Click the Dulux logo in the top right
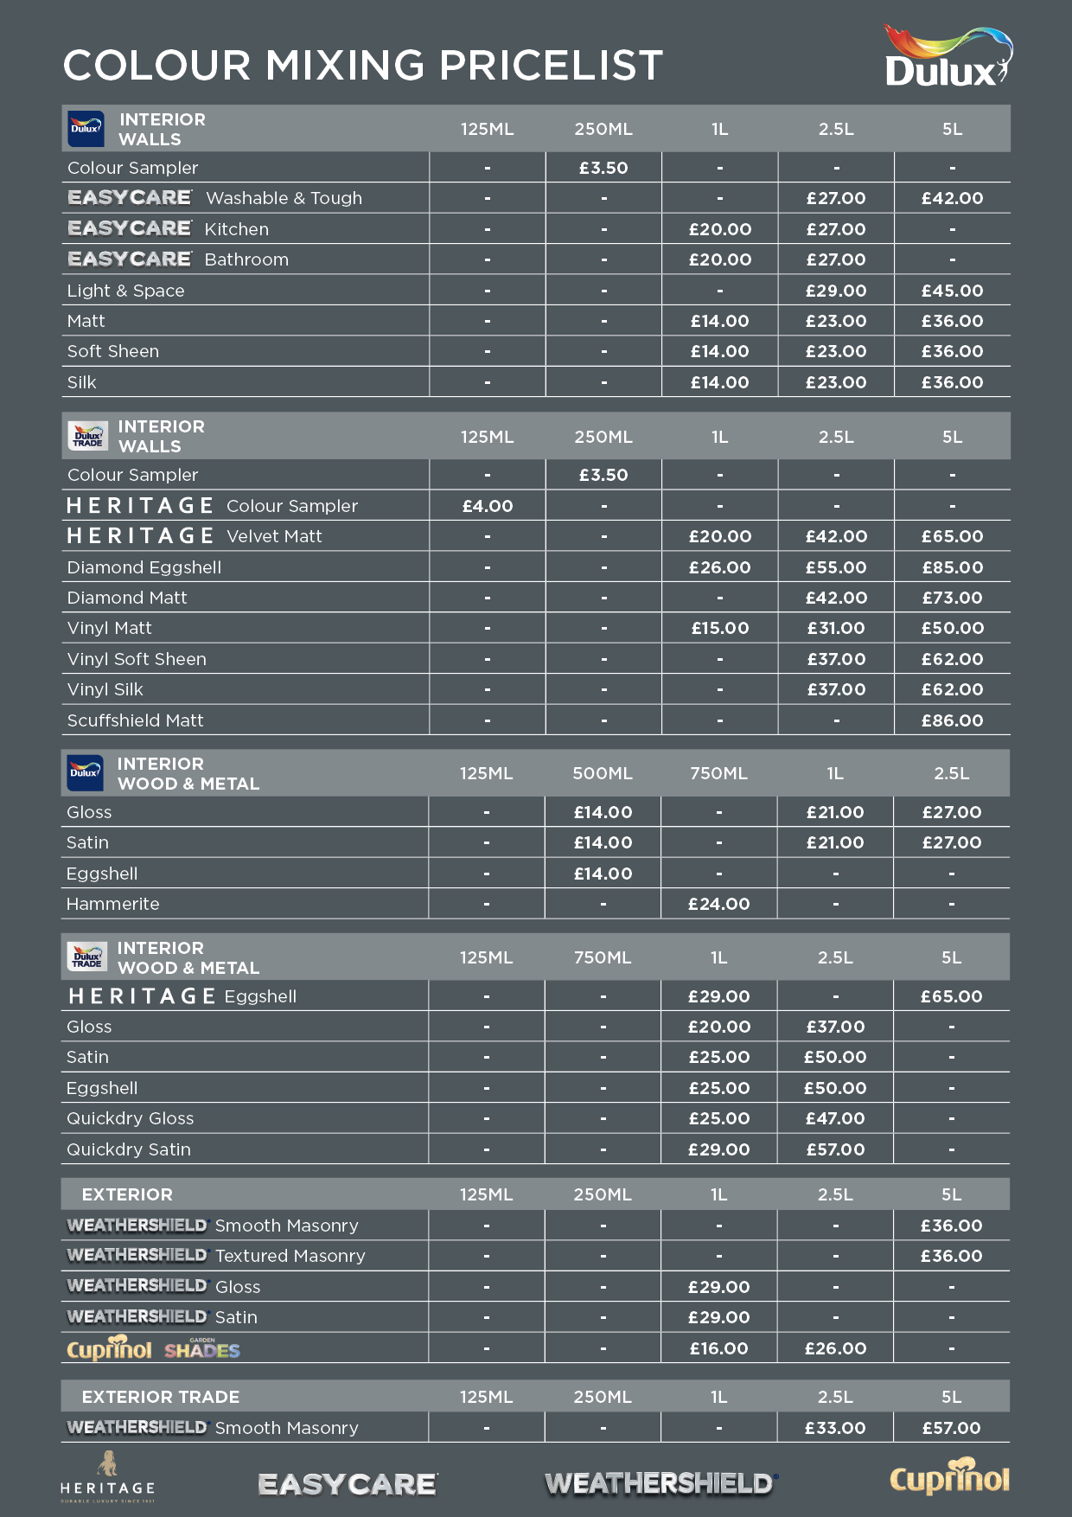pos(948,58)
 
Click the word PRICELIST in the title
pos(551,66)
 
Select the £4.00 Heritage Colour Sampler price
pos(488,506)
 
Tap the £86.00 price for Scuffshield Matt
pos(952,720)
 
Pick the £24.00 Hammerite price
pos(718,904)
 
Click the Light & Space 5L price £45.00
pos(952,291)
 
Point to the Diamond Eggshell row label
pos(144,567)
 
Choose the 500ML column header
pos(603,773)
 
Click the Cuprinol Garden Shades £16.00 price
pos(718,1348)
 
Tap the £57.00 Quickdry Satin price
pos(835,1149)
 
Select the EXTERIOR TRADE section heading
pos(161,1397)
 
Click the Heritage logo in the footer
pos(107,1477)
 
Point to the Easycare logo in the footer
pos(348,1484)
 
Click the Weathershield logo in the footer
pos(661,1484)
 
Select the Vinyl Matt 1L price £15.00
pos(719,628)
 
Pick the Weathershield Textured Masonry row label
pos(216,1256)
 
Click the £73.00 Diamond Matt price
pos(952,598)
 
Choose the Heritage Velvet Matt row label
pos(195,536)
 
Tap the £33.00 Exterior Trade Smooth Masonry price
pos(835,1428)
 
